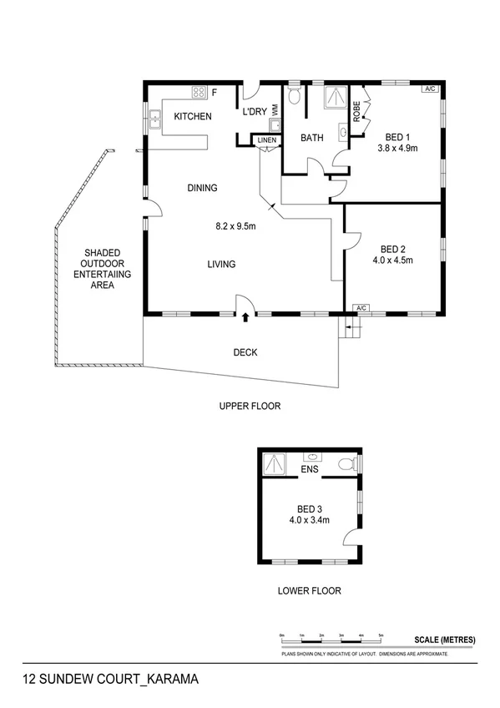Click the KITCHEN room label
coord(192,117)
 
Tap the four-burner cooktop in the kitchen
coord(199,93)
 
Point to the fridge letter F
coord(214,93)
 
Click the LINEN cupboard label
coord(265,140)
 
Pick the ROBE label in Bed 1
coord(356,112)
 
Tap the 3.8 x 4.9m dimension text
coord(396,149)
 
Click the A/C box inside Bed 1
coord(430,88)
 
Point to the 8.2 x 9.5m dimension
coord(235,225)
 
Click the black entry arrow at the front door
coord(245,317)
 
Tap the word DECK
coord(245,352)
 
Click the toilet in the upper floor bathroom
coord(292,97)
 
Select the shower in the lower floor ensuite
coord(273,462)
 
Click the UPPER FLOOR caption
coord(250,407)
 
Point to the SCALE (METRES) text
coord(444,640)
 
